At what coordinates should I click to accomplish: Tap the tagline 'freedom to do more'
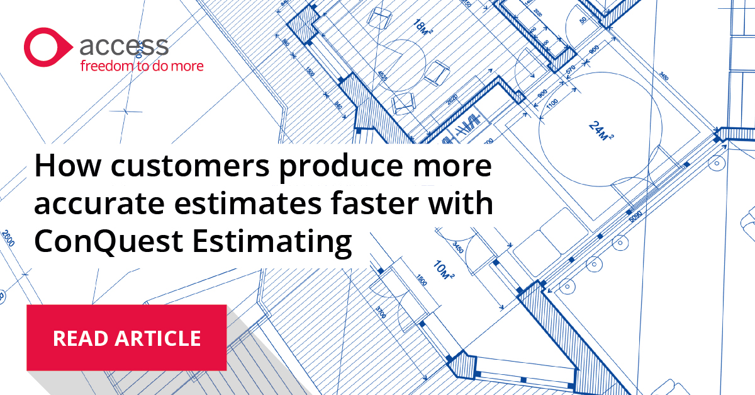coord(141,65)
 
